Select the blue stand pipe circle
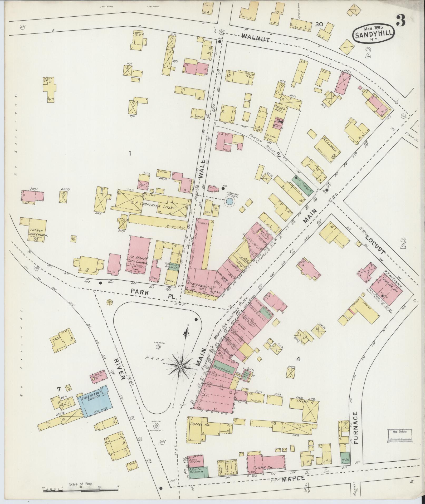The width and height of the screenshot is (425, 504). click(x=229, y=202)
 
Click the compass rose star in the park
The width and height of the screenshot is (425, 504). click(x=180, y=366)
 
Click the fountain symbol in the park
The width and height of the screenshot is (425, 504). click(x=158, y=347)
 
